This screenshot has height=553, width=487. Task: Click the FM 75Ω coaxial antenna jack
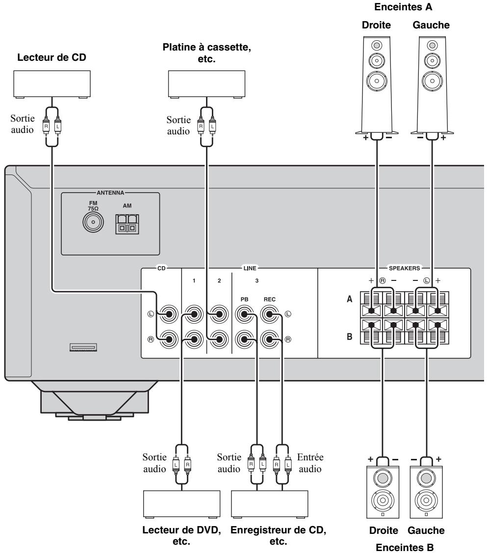(x=93, y=223)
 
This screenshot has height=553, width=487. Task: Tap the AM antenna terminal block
(x=127, y=225)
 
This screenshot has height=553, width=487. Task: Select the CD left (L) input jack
(x=169, y=314)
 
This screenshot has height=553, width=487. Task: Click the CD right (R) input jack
(x=169, y=340)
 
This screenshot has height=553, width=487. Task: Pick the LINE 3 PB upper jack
(x=244, y=314)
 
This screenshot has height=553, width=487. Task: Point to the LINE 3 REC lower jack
(x=270, y=340)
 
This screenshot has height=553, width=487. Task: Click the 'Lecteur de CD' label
(x=52, y=57)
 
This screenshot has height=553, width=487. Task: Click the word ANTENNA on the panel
(x=110, y=193)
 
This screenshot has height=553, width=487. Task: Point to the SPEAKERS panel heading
(x=405, y=268)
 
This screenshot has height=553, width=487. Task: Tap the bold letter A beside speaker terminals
(x=349, y=299)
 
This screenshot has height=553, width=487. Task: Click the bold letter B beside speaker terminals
(x=349, y=336)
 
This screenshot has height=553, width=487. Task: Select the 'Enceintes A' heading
(x=403, y=7)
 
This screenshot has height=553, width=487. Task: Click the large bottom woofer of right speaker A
(x=377, y=81)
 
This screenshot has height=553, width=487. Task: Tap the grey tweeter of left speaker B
(x=426, y=478)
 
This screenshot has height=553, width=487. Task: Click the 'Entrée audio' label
(x=310, y=463)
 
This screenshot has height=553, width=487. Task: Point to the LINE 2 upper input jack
(x=219, y=314)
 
